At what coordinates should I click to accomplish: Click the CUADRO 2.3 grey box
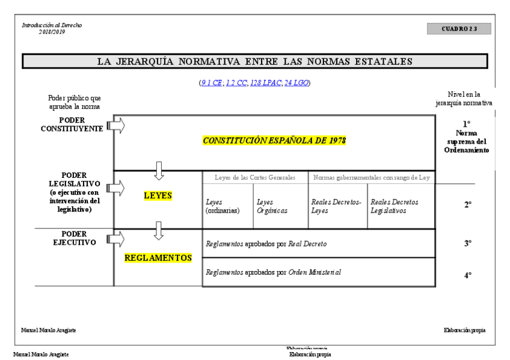(x=459, y=29)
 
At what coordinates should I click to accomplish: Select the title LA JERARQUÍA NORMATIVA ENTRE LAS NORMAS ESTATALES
(x=254, y=61)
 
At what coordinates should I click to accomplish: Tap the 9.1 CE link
(x=211, y=82)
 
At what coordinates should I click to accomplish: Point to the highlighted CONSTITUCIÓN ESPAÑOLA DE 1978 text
(x=275, y=141)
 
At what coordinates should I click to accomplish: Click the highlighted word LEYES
(x=158, y=196)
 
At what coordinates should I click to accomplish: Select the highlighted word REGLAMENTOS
(x=158, y=258)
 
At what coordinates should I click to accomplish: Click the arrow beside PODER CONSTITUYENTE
(x=116, y=126)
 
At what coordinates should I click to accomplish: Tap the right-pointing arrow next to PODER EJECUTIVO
(x=116, y=239)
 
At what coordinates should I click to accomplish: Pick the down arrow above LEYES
(x=159, y=171)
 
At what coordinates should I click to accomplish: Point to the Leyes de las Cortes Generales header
(x=256, y=177)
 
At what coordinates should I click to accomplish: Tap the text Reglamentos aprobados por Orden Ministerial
(x=273, y=272)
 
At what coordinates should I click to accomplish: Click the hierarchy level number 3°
(x=467, y=244)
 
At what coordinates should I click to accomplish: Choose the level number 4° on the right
(x=467, y=275)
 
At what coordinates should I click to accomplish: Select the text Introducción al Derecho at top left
(x=52, y=25)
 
